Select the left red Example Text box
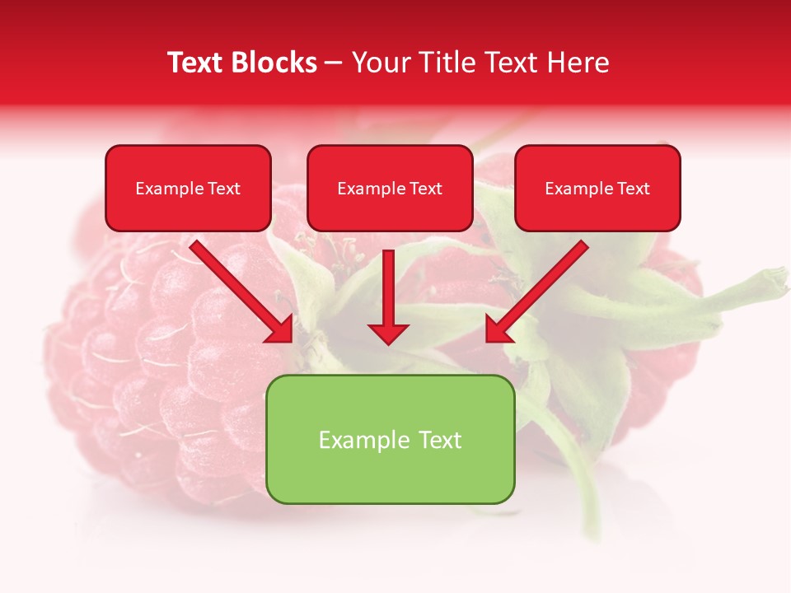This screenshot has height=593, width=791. click(188, 188)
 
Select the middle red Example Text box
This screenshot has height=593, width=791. click(390, 188)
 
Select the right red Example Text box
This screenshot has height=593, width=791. click(597, 188)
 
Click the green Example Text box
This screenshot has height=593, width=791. click(390, 439)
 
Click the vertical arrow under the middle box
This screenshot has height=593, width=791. click(388, 288)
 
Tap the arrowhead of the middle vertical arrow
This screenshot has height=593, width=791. click(388, 333)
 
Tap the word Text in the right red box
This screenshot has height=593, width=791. click(634, 189)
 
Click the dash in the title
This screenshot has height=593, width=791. click(334, 63)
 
